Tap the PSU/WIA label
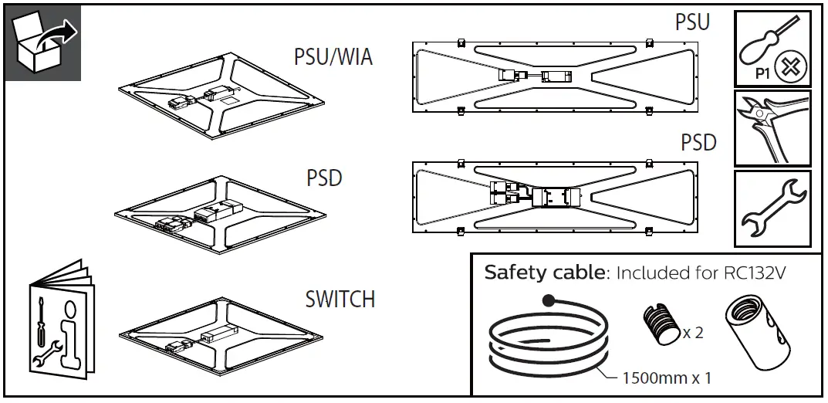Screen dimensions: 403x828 coord(333,58)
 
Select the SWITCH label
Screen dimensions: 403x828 coord(340,299)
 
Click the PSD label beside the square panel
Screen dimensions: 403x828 coord(324,178)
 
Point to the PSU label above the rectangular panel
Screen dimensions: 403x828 coord(692,22)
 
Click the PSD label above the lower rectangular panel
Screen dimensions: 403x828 coord(698,143)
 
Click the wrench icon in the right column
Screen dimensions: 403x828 coord(772,207)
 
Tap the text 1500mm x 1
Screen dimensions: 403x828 coord(666,378)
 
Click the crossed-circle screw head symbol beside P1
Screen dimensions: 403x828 coord(789,68)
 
